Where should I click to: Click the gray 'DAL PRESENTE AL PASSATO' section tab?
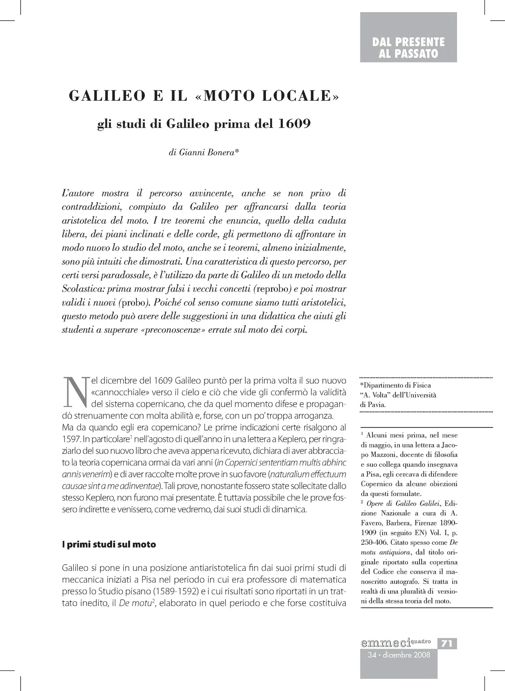[x=408, y=48]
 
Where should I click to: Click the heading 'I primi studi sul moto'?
[x=109, y=544]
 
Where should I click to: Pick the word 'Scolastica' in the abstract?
[x=82, y=289]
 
